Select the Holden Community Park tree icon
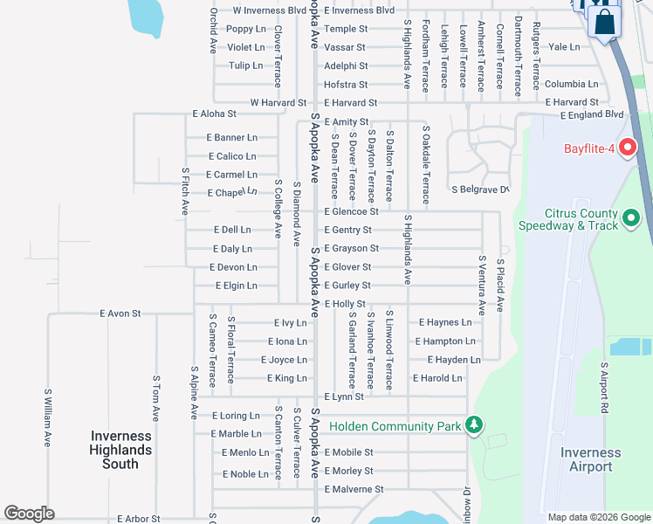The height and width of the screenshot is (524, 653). (x=474, y=425)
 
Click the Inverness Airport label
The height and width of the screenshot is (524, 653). (x=590, y=459)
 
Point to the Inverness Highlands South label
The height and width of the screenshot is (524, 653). (x=120, y=450)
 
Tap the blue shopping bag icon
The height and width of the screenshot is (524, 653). (x=604, y=22)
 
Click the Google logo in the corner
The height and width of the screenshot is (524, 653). (x=30, y=514)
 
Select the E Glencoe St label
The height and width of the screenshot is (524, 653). (x=351, y=211)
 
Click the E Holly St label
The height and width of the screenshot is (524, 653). (x=345, y=304)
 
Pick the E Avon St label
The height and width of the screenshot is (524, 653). (x=120, y=312)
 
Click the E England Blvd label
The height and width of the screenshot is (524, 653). (x=592, y=114)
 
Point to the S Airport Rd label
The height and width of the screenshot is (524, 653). (x=603, y=388)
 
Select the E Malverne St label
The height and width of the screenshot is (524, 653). (x=354, y=489)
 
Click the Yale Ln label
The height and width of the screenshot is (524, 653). (x=565, y=47)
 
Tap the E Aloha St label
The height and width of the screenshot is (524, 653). (x=214, y=114)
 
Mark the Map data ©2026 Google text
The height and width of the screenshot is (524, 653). (x=598, y=517)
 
